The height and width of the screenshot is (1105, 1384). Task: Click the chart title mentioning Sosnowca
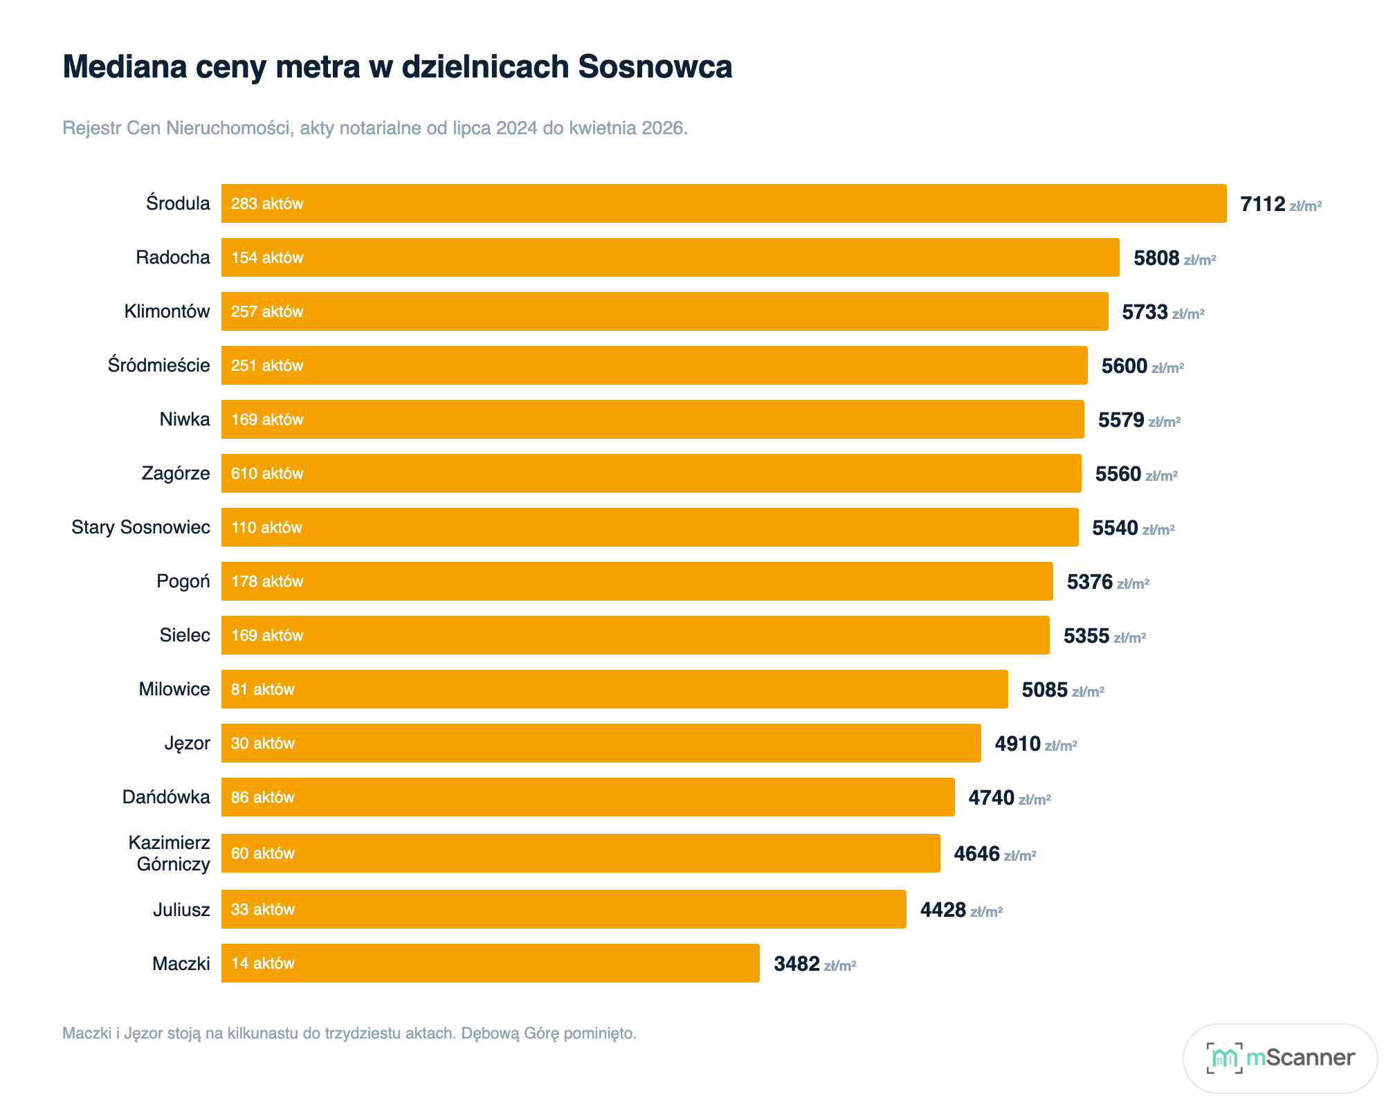pos(397,67)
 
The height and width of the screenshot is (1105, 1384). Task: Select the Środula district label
pos(178,203)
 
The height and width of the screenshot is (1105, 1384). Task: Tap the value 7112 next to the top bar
pos(1262,204)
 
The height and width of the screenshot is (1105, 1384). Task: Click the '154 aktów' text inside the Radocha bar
pos(267,257)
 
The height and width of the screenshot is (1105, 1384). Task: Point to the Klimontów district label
pos(167,311)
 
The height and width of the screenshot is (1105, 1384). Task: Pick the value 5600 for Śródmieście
pos(1124,366)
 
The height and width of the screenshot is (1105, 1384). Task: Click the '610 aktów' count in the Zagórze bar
pos(267,473)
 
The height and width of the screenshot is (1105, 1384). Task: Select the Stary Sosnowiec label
pos(140,527)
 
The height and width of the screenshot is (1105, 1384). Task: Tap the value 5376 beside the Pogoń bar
pos(1090,582)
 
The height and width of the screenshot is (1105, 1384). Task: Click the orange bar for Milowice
pos(614,689)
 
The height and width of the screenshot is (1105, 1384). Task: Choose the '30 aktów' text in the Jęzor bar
pos(263,743)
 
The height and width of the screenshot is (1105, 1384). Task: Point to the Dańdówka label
pos(166,797)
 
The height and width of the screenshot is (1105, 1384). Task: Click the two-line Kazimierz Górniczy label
pos(170,853)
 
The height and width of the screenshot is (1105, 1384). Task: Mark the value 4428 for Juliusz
pos(943,910)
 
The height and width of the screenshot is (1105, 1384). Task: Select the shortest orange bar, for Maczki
pos(491,963)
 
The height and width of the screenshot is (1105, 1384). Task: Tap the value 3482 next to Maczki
pos(796,964)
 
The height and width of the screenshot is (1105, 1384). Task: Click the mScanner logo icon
pos(1223,1058)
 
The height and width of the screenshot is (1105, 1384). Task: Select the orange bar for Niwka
pos(653,419)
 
